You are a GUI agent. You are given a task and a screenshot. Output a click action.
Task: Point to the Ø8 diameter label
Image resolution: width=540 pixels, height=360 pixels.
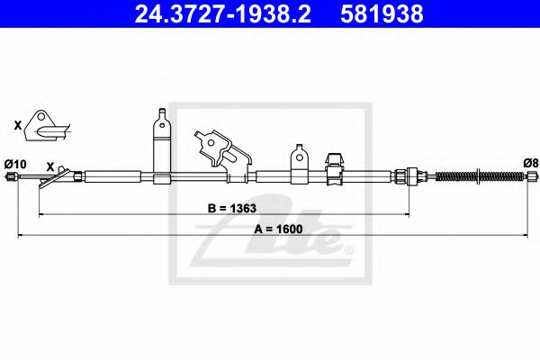pos(529,163)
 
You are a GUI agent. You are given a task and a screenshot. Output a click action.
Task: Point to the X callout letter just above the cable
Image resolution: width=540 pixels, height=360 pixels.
pos(51,166)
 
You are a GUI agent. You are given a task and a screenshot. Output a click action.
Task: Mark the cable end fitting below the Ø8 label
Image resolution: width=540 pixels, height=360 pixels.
pos(528,178)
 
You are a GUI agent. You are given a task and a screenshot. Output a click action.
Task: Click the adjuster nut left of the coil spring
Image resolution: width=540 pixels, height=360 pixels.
pos(412,176)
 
